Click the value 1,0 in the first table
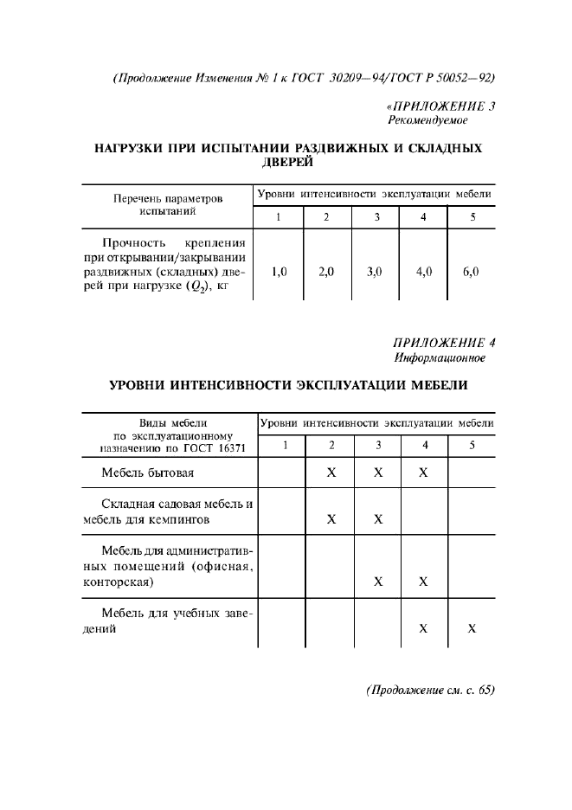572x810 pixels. pos(279,272)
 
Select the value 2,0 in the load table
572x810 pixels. pos(326,272)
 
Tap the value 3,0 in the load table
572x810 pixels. pos(375,272)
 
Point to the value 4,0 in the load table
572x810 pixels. pos(423,272)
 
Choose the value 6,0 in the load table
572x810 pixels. pos(471,272)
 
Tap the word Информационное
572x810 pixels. pos(440,357)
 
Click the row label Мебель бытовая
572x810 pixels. pos(147,473)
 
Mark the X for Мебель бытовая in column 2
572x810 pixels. pos(331,473)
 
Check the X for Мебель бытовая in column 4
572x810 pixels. pos(423,473)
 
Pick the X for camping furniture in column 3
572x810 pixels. pos(378,520)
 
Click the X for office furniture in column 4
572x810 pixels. pos(423,582)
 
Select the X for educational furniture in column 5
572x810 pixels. pos(472,629)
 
